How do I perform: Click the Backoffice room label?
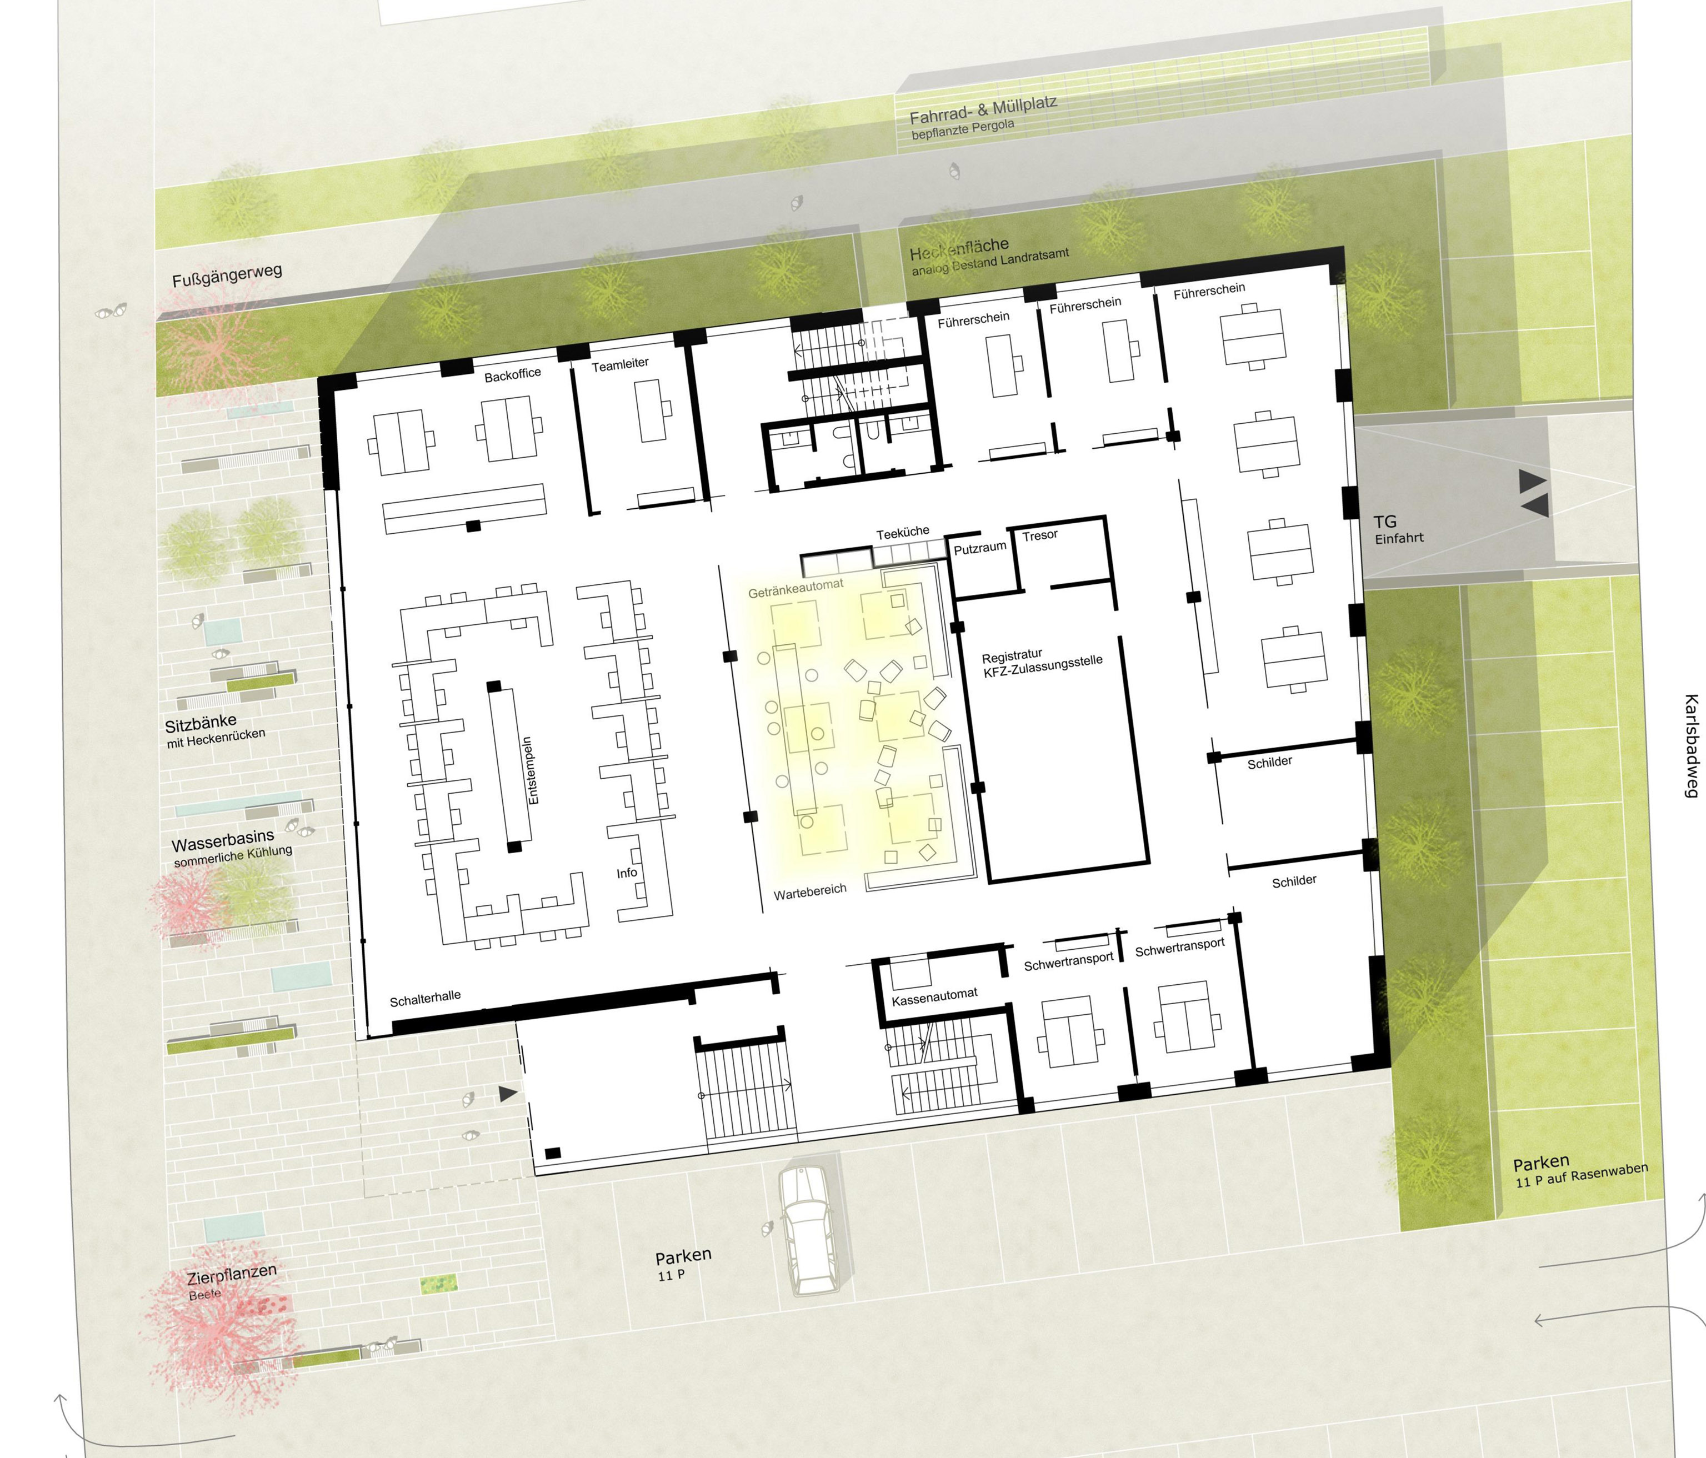512,374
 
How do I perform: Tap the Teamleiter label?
620,364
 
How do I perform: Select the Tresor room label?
1040,535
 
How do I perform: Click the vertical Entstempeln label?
532,770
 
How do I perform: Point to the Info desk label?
627,873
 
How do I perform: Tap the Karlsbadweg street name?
1691,746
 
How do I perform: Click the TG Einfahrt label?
1398,529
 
